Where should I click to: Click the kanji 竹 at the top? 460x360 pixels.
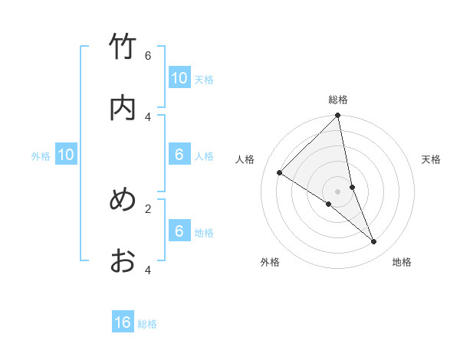click(123, 47)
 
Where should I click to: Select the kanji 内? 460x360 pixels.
click(123, 108)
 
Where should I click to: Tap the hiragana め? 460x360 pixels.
click(123, 200)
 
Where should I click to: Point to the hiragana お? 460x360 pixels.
click(123, 261)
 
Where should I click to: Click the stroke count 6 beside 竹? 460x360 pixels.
click(148, 55)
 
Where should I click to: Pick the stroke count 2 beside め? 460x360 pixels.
click(148, 208)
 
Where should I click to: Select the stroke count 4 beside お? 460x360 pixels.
click(148, 270)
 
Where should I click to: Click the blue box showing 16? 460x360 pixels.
click(123, 322)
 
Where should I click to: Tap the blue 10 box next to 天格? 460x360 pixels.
click(179, 77)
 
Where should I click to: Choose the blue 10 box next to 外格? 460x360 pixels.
click(66, 155)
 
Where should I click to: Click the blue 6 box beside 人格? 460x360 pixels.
click(179, 155)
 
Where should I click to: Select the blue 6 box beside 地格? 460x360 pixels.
click(179, 231)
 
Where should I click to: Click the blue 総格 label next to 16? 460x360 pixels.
click(147, 324)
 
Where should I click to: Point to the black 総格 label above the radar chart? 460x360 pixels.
click(338, 100)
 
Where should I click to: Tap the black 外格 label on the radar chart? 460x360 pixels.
click(270, 262)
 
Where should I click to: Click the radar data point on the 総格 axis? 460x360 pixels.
click(338, 116)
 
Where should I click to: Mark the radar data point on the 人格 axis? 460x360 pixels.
click(280, 173)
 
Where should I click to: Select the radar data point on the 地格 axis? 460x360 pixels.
click(373, 241)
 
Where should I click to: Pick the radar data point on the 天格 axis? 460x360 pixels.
click(352, 187)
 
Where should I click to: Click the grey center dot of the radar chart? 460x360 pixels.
click(338, 191)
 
